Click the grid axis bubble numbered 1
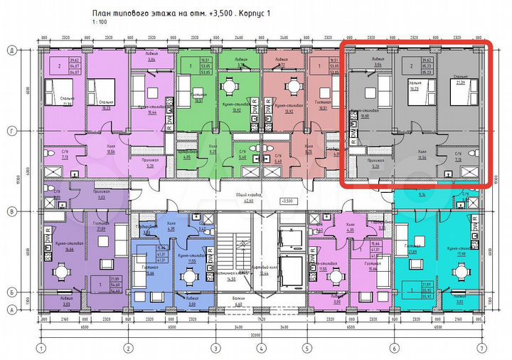point(43,348)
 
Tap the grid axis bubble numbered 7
point(483,348)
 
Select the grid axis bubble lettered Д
point(11,50)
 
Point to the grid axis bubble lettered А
point(11,309)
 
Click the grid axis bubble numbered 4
point(262,348)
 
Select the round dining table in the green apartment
point(230,88)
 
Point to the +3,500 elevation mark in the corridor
point(288,201)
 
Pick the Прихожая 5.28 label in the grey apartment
point(375,162)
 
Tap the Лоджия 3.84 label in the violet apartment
point(151,58)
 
